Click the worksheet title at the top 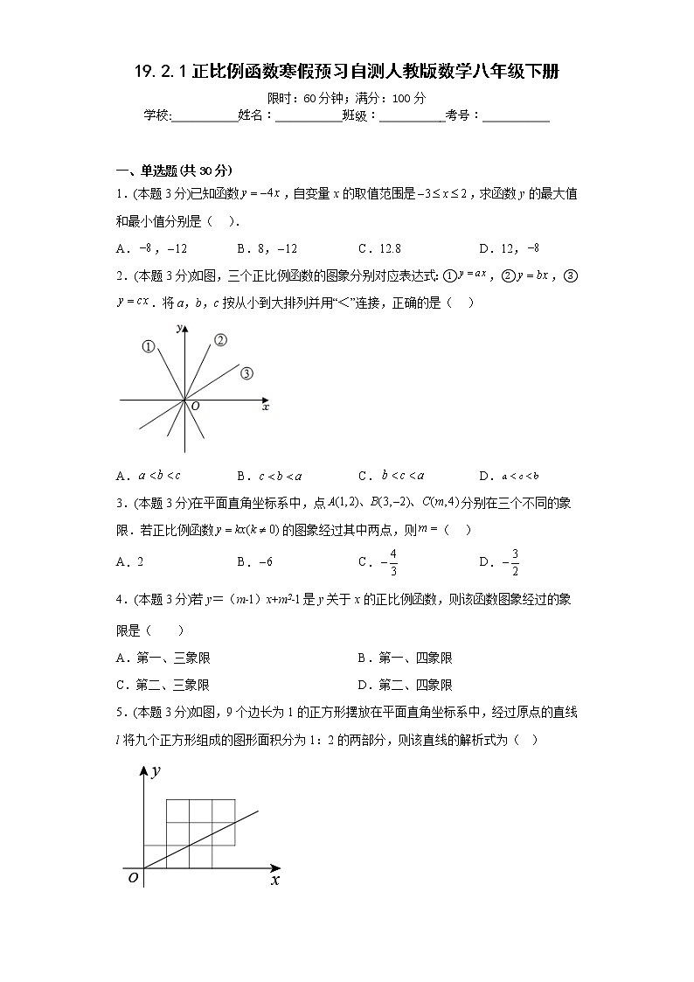347,73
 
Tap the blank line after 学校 205,115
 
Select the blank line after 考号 516,115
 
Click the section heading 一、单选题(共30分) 162,171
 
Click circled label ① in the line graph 149,347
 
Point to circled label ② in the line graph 220,340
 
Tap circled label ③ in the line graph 246,373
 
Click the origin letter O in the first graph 195,406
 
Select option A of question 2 148,476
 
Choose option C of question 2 391,476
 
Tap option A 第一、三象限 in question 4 163,658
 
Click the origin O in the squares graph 132,878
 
